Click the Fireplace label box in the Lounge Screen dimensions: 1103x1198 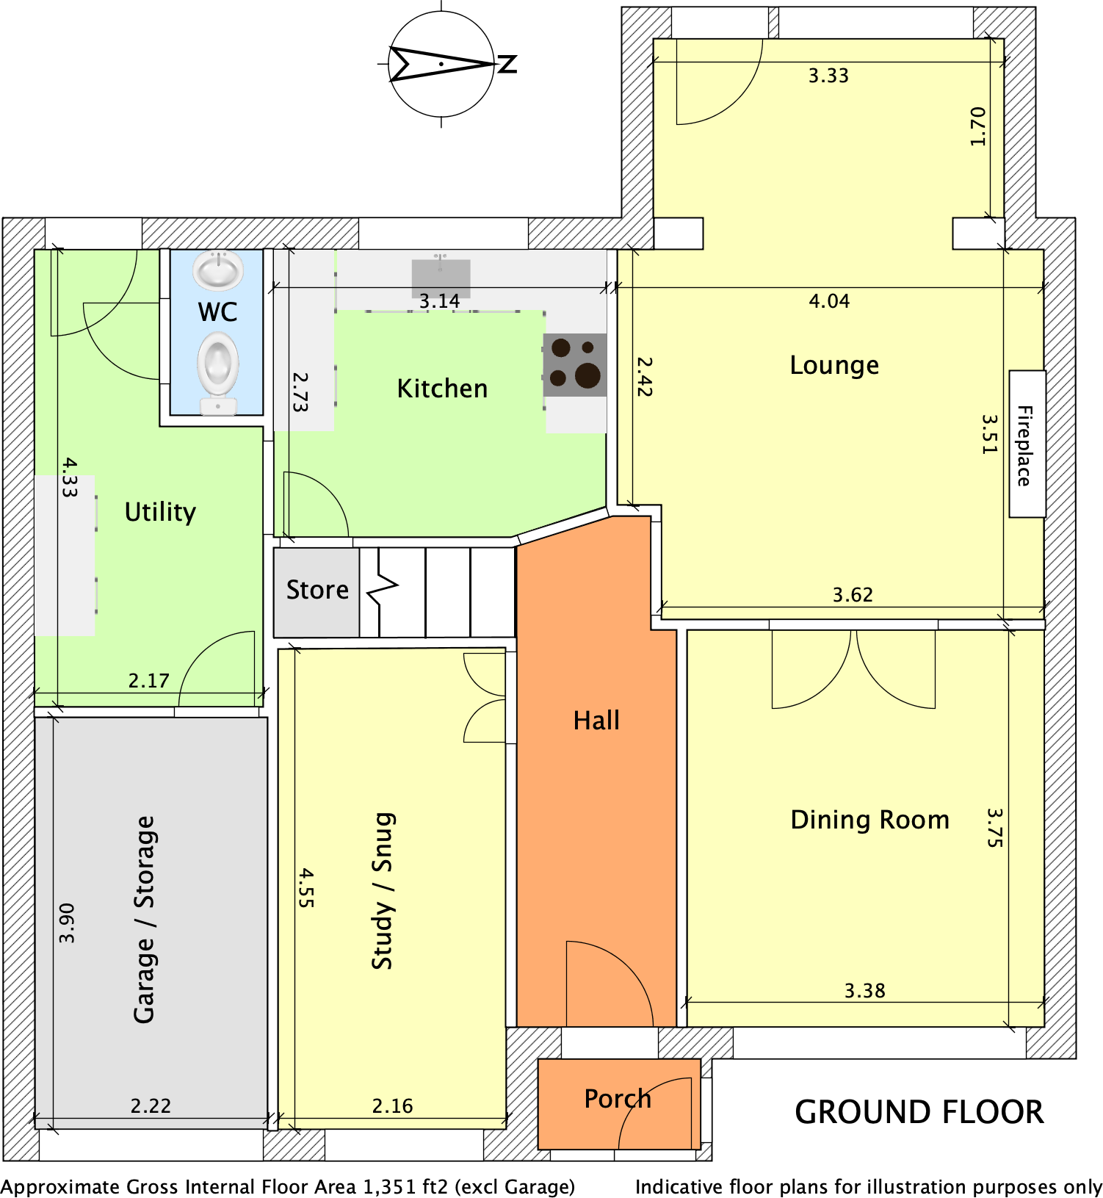1027,444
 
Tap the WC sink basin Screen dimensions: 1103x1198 218,270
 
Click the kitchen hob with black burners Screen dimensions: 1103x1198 575,365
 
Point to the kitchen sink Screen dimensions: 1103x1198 441,277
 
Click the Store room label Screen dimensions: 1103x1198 317,590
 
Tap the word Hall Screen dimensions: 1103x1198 596,721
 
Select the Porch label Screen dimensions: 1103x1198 618,1099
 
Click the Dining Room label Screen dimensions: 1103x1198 870,820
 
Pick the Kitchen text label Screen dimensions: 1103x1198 442,389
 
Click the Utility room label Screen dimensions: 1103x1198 160,512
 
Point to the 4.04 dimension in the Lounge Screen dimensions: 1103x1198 829,301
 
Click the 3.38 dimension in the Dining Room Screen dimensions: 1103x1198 865,991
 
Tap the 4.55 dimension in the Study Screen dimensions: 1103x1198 307,888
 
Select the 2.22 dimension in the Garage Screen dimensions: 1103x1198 151,1106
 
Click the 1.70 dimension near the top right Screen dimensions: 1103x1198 977,126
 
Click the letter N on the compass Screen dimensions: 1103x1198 507,64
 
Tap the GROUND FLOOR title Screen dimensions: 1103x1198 919,1112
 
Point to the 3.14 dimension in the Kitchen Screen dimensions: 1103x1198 439,301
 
